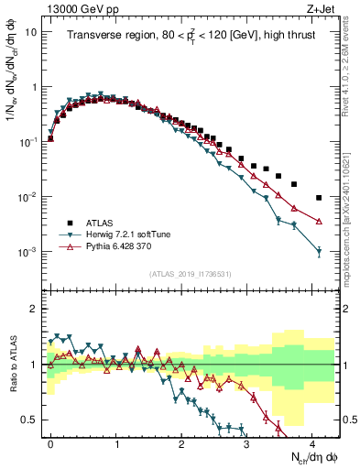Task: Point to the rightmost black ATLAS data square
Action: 319,198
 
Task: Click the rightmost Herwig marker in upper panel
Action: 319,252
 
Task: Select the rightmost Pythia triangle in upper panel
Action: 319,221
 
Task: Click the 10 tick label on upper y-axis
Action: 30,32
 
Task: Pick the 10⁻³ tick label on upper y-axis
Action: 28,252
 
